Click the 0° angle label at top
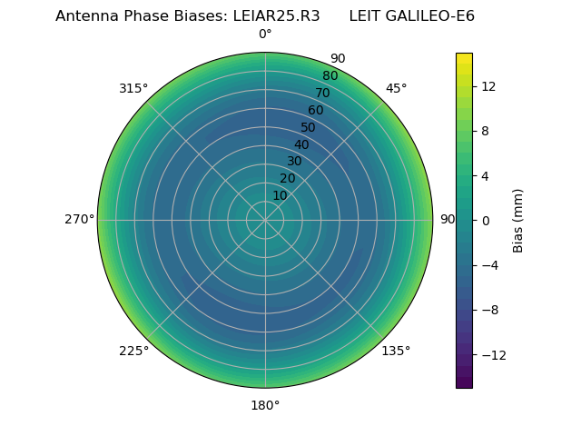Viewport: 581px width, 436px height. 265,35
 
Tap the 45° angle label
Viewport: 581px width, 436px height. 397,88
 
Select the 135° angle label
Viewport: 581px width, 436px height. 396,351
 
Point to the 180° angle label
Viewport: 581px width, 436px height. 265,405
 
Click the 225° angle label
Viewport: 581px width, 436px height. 133,351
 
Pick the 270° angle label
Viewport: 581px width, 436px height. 79,219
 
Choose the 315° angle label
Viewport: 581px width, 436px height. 133,88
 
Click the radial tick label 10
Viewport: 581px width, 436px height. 280,195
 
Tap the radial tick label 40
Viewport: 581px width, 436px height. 301,144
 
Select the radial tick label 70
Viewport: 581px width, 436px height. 323,93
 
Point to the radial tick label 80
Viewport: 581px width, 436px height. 330,75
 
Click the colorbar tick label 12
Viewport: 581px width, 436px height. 487,86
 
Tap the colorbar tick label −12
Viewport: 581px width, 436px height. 491,354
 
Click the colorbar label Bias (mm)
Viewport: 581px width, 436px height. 518,220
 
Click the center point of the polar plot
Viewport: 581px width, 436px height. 265,220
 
